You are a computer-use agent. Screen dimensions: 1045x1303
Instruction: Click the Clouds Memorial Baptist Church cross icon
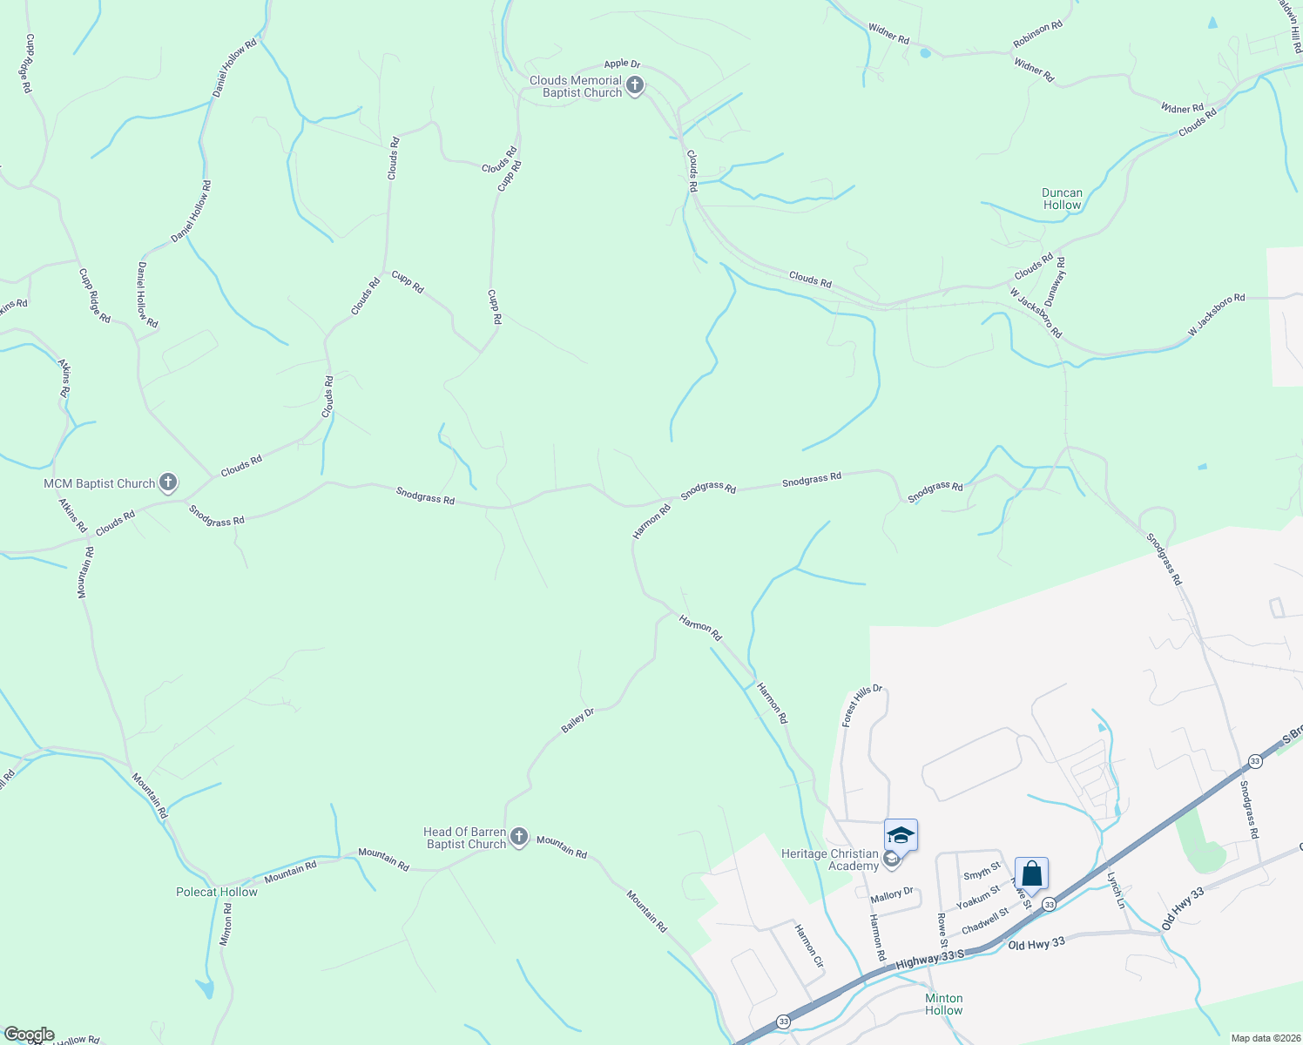(635, 86)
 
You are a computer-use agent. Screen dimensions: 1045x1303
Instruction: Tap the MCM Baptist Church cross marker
(169, 482)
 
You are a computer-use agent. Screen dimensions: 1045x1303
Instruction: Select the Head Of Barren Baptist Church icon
(519, 838)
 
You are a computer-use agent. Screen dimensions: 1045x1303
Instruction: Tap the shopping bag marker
(1031, 873)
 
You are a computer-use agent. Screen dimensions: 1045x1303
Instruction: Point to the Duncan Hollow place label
(1062, 199)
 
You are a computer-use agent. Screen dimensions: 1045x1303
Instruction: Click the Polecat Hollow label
(217, 892)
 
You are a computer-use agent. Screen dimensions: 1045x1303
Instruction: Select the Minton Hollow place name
(944, 1004)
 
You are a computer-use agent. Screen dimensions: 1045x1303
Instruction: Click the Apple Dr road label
(622, 64)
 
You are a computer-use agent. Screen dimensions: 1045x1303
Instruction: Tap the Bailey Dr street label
(577, 720)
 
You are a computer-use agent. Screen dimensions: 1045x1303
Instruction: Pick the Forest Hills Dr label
(862, 705)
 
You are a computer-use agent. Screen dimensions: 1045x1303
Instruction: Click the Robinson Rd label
(1037, 34)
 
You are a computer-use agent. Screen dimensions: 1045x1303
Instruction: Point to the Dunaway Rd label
(1056, 280)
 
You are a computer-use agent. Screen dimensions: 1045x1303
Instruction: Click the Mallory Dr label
(892, 894)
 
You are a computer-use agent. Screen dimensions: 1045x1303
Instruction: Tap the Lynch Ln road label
(1117, 890)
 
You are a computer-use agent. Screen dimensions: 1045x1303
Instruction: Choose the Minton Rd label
(226, 924)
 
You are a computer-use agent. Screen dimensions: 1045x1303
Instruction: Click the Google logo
(29, 1035)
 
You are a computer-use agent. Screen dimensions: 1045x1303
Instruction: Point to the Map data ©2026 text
(1264, 1038)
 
